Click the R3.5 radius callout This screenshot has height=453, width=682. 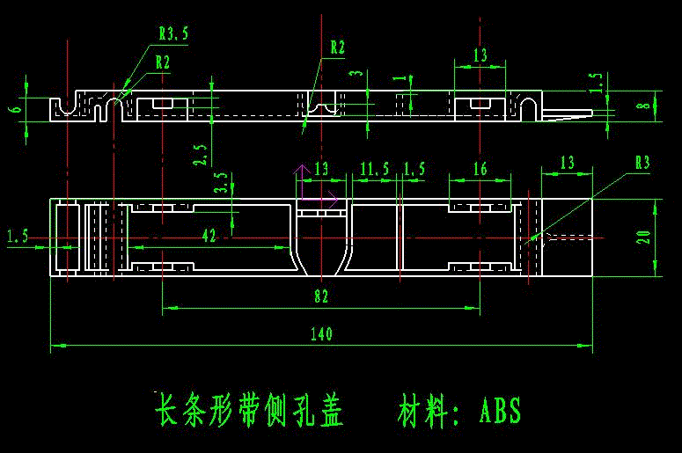[173, 34]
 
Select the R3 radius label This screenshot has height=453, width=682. [642, 163]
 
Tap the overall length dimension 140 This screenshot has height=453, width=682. [322, 333]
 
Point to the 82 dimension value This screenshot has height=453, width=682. [321, 297]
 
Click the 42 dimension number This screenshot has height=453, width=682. [209, 235]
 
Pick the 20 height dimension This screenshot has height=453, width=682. [644, 237]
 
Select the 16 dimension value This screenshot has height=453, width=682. [480, 169]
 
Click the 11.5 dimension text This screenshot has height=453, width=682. [374, 169]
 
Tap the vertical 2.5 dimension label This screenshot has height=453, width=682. [202, 155]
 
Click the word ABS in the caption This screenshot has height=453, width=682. [501, 411]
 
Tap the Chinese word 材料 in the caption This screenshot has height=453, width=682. [424, 411]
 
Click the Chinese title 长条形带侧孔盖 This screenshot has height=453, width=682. [249, 411]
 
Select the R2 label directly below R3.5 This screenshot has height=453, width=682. [162, 62]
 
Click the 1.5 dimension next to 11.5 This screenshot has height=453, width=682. [414, 169]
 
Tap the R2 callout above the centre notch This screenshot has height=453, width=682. [338, 46]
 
